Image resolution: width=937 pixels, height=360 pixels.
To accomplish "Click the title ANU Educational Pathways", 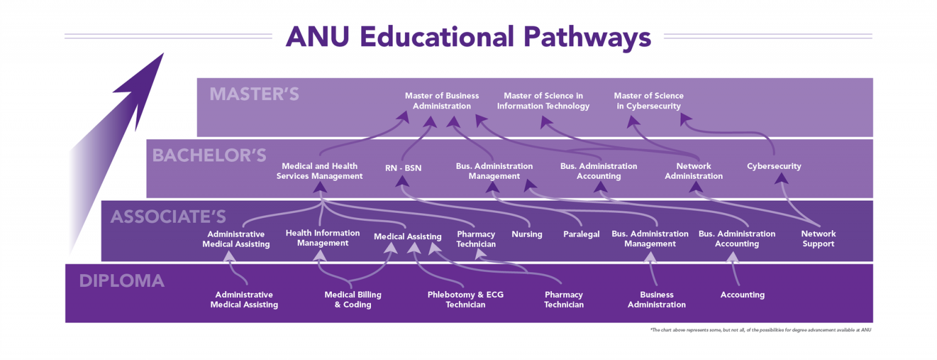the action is [468, 37].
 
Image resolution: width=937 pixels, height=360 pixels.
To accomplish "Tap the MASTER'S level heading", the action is [254, 94].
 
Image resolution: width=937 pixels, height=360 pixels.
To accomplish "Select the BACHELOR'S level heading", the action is [209, 156].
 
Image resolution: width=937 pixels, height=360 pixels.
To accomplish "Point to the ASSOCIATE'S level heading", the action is [168, 217].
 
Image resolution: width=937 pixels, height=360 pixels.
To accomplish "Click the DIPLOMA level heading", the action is [122, 281].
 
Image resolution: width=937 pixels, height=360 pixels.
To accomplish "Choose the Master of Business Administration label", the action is [442, 101].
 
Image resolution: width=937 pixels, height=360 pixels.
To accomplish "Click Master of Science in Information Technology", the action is [543, 101].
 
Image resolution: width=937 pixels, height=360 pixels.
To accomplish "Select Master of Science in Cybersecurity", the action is [649, 101].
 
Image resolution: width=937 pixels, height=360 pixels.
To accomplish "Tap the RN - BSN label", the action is [403, 168].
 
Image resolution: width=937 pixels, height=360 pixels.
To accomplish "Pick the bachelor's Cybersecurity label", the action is [774, 166].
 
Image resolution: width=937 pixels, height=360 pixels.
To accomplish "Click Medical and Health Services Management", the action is [320, 171].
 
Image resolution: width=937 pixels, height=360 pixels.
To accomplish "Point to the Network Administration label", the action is [694, 171].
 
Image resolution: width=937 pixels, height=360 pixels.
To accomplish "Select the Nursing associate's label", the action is [526, 234].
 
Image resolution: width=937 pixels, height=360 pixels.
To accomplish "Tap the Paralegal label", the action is [581, 234].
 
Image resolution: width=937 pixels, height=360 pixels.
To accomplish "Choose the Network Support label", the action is [818, 239].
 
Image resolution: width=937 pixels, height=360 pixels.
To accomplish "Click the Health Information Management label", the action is [323, 238].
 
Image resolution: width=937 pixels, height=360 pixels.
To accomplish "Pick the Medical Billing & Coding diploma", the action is [353, 300].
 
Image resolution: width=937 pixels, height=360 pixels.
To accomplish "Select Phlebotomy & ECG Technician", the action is [465, 300].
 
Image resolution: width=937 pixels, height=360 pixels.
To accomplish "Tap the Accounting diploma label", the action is [742, 295].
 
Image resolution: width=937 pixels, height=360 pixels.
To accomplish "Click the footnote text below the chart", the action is [761, 330].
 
